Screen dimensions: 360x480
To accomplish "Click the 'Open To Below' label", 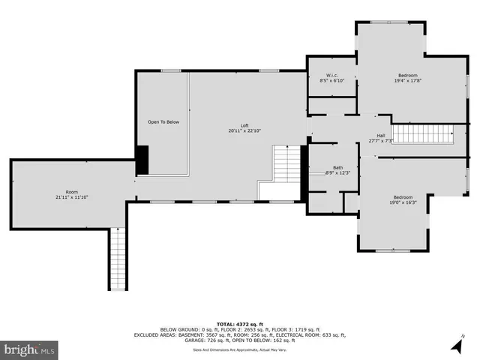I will click(x=163, y=121).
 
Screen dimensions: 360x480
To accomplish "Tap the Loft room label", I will click(x=244, y=125).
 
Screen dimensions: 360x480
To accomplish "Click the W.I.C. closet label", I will click(x=331, y=75).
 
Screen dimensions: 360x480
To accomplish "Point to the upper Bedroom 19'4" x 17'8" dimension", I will click(x=408, y=81).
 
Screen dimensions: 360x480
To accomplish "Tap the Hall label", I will click(x=381, y=136).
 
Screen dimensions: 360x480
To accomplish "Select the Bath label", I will click(x=337, y=168).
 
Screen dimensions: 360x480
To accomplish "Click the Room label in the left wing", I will click(x=71, y=191).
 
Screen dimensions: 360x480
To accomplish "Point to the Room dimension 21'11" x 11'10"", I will click(x=71, y=197).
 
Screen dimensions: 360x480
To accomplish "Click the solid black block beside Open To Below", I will click(x=142, y=159).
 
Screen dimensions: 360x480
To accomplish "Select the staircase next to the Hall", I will click(x=424, y=134).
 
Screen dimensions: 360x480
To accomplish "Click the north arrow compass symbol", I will click(x=456, y=344).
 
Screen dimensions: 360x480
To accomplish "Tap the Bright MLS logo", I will click(x=30, y=349).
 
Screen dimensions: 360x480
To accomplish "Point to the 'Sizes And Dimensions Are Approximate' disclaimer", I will click(x=240, y=349).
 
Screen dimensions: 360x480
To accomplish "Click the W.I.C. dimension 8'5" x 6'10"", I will click(x=331, y=80).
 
